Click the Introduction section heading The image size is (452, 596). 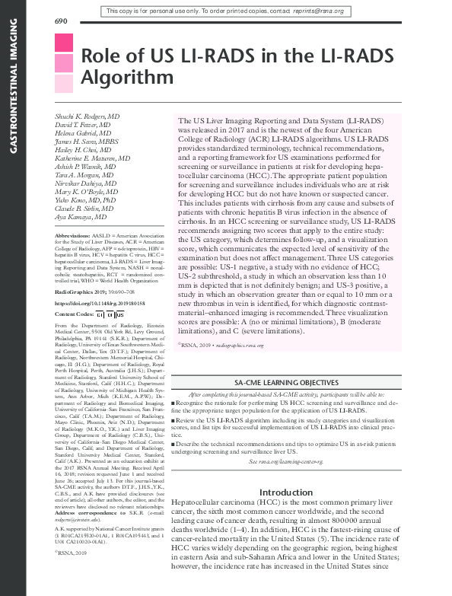302,492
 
